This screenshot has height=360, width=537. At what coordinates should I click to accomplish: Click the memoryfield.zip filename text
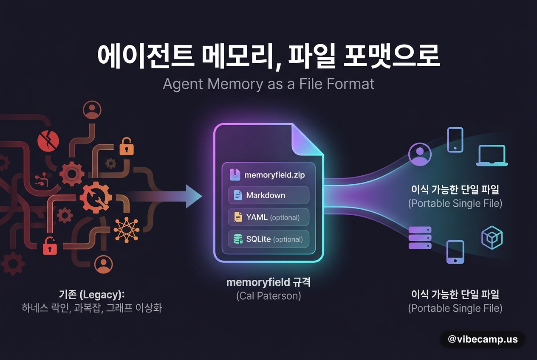pyautogui.click(x=274, y=175)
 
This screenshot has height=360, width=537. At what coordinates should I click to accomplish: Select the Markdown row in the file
pyautogui.click(x=268, y=195)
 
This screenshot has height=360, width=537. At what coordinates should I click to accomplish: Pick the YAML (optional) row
pyautogui.click(x=268, y=217)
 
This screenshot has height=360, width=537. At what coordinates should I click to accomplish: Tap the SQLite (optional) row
pyautogui.click(x=268, y=239)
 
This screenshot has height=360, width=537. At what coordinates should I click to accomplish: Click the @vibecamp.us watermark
pyautogui.click(x=483, y=339)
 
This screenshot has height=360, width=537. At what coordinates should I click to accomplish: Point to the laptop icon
pyautogui.click(x=492, y=155)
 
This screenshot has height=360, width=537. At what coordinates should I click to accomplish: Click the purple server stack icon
pyautogui.click(x=420, y=238)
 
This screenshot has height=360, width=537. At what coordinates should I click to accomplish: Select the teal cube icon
pyautogui.click(x=492, y=238)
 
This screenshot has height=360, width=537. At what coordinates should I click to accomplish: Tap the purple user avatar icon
pyautogui.click(x=420, y=154)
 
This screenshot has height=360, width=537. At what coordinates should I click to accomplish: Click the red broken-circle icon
pyautogui.click(x=48, y=141)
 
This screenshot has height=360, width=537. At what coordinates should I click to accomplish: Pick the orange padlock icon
pyautogui.click(x=126, y=146)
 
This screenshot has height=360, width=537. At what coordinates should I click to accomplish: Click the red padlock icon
pyautogui.click(x=50, y=246)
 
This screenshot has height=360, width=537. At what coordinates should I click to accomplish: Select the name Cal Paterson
pyautogui.click(x=268, y=296)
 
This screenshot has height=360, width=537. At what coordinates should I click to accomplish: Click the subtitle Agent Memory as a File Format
pyautogui.click(x=268, y=84)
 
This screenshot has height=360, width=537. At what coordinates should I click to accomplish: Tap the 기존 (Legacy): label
pyautogui.click(x=92, y=295)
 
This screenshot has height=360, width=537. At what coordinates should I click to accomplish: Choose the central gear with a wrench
pyautogui.click(x=96, y=197)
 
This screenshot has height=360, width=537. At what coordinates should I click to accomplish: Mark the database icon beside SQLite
pyautogui.click(x=238, y=239)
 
